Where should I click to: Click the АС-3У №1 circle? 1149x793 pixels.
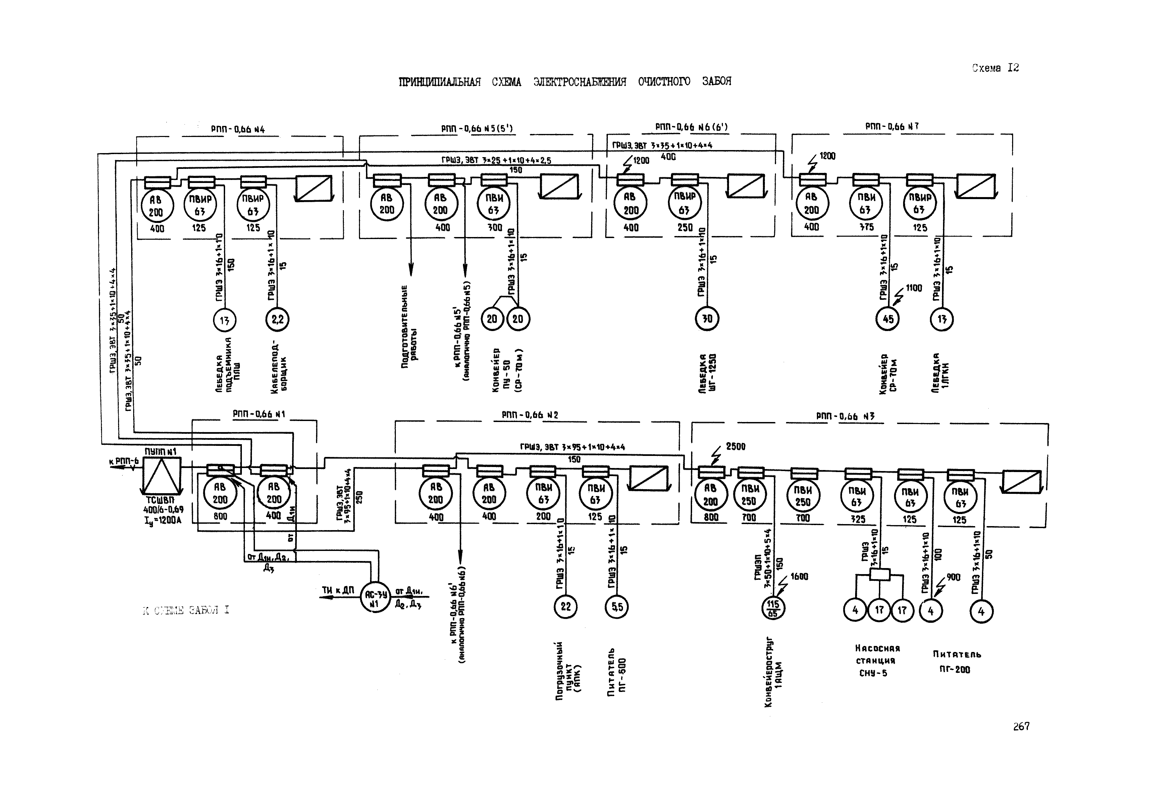click(375, 598)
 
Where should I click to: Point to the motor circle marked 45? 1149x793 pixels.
click(887, 319)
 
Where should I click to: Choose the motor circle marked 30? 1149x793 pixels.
click(707, 318)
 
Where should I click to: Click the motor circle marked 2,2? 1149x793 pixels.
click(277, 319)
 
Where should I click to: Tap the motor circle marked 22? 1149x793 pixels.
click(566, 606)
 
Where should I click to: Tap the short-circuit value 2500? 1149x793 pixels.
click(735, 446)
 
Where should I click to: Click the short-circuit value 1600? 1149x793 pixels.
click(799, 576)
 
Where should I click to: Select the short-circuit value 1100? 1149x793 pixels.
click(913, 288)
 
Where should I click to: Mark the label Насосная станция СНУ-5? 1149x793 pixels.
click(877, 660)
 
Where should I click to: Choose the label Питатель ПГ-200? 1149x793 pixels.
click(956, 661)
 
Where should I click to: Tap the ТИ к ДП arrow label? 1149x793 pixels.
click(337, 590)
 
